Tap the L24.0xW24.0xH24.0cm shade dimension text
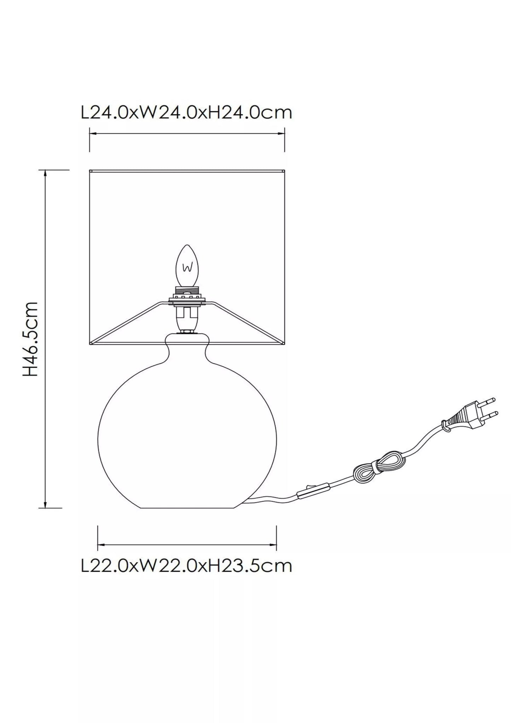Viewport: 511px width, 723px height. pos(187,113)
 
